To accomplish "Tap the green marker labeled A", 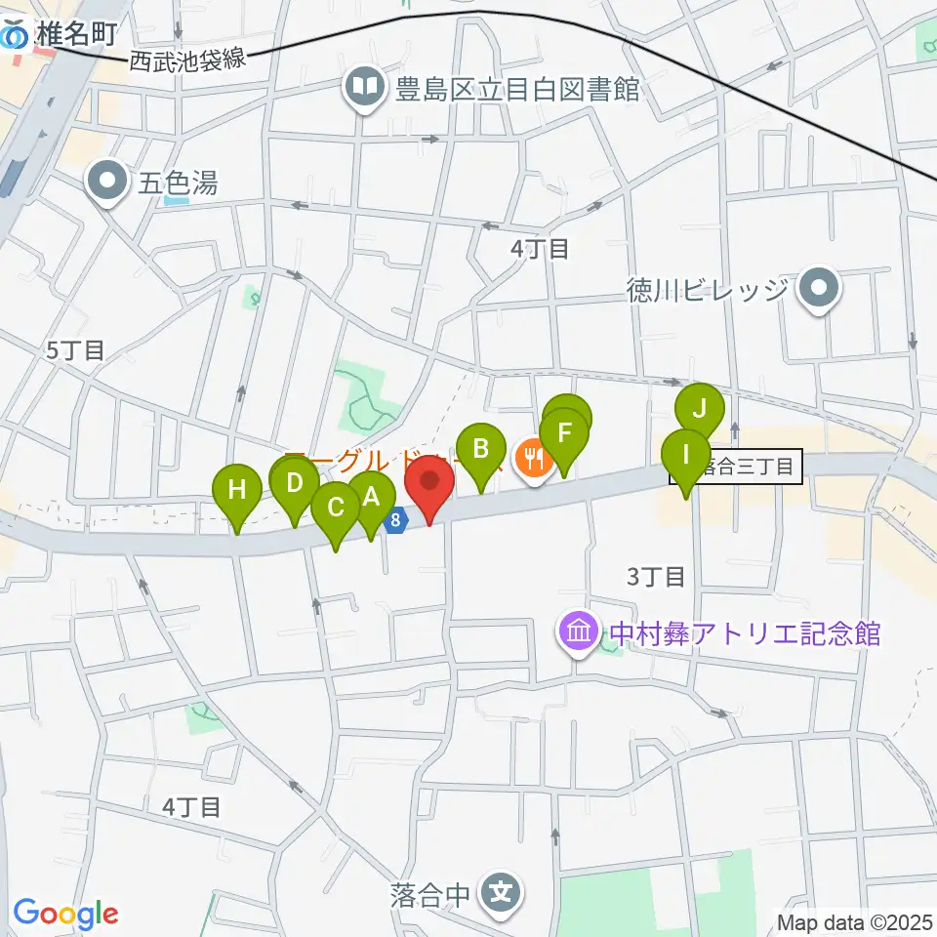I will [370, 499].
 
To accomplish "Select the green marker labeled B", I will [480, 451].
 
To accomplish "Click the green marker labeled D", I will [295, 483].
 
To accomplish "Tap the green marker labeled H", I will [237, 491].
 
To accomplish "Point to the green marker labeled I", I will [687, 456].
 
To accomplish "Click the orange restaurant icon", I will [533, 456].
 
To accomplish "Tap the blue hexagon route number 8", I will [395, 520].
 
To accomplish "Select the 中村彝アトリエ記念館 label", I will [746, 634].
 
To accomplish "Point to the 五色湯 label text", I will [177, 183].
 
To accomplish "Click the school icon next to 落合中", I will [501, 892].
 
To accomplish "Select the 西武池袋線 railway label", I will [186, 61].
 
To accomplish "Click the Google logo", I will [65, 914].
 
